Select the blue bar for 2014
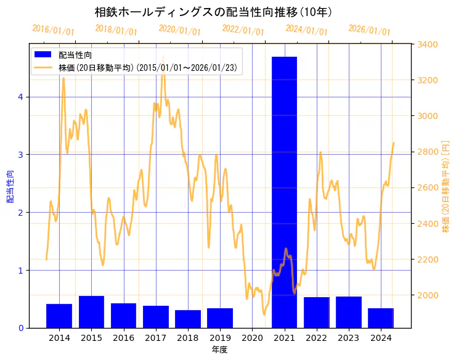[x=59, y=316]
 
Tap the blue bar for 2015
[x=91, y=312]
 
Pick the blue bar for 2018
[x=188, y=319]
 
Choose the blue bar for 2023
[x=349, y=312]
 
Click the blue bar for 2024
[x=381, y=318]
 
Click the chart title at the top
[x=213, y=12]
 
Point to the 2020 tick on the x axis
[x=252, y=338]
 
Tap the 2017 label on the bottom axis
[x=155, y=338]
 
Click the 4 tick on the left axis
[x=21, y=97]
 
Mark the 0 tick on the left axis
[x=21, y=328]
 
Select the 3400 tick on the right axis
[x=428, y=44]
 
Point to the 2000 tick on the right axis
[x=428, y=295]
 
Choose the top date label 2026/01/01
[x=369, y=31]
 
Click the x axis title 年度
[x=220, y=350]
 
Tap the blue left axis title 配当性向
[x=10, y=187]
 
